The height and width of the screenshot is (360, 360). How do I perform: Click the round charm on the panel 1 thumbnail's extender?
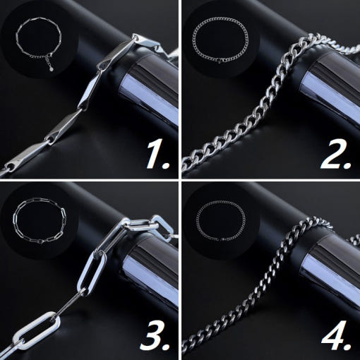[52, 69]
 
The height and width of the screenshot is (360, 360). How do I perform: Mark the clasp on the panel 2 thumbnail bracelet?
[218, 61]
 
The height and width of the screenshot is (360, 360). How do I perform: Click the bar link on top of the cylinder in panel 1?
[119, 53]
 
